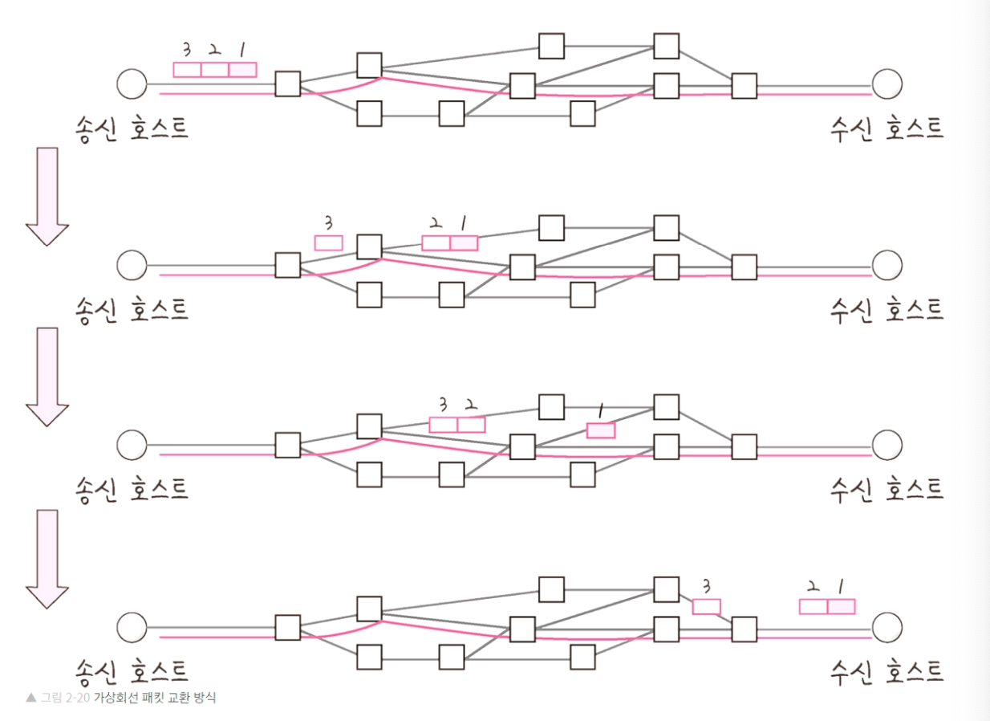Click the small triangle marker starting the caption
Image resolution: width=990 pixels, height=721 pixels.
point(30,698)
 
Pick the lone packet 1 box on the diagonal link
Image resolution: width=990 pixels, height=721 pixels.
point(601,430)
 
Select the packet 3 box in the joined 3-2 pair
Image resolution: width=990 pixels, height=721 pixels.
point(443,425)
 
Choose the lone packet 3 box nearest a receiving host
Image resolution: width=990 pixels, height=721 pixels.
point(706,607)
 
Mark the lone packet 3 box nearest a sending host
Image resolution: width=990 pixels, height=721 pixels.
point(328,242)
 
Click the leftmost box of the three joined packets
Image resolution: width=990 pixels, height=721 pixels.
point(187,70)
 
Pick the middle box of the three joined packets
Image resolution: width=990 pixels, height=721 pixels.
point(214,70)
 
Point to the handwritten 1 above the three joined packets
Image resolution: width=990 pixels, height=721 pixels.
point(241,51)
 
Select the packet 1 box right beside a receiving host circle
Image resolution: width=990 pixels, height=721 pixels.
point(842,606)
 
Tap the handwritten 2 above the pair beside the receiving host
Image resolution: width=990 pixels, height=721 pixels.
point(813,587)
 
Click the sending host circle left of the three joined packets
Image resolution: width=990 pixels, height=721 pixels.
point(132,83)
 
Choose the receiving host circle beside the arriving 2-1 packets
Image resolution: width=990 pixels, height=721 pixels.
point(887,627)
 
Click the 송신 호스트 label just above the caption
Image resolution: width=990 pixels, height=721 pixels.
point(132,670)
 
